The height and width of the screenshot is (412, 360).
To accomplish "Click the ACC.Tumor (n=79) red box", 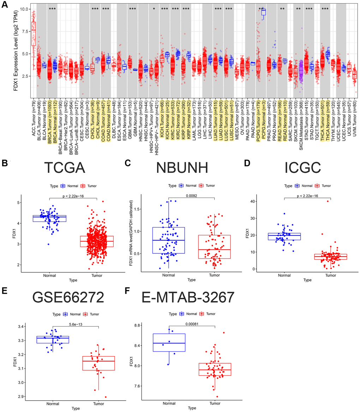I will pos(34,33).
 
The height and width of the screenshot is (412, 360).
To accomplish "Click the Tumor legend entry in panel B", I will pos(89,186).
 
